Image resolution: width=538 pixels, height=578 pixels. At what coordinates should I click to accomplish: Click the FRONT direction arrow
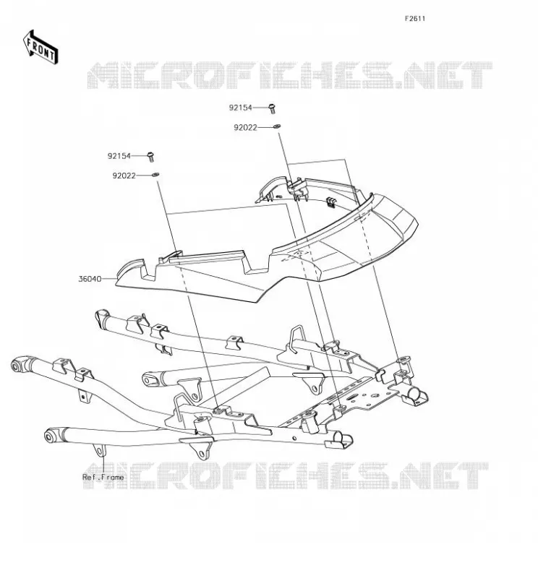tap(40, 48)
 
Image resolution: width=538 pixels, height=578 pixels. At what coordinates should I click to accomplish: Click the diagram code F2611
tap(415, 19)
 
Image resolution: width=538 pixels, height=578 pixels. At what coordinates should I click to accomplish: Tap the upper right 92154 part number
tap(240, 108)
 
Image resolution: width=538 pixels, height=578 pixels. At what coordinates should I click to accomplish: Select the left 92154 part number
tap(119, 156)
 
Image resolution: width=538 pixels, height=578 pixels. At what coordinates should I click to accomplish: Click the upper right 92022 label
tap(245, 128)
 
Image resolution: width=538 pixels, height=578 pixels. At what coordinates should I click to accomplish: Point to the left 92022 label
tap(124, 176)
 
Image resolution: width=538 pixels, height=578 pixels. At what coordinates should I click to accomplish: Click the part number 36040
tap(90, 279)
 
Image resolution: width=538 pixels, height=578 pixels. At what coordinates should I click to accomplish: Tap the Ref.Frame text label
tap(103, 477)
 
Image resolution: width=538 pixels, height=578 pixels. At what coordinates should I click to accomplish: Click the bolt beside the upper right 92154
tap(273, 108)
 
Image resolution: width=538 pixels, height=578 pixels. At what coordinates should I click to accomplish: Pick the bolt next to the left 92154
tap(150, 157)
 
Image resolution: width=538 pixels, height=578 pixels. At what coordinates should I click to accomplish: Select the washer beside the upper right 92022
tap(277, 126)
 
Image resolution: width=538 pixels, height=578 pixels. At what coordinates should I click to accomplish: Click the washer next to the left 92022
tap(155, 174)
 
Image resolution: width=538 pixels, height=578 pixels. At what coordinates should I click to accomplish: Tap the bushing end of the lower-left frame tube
tap(49, 436)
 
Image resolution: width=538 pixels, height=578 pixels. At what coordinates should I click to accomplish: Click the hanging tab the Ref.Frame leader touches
tap(99, 450)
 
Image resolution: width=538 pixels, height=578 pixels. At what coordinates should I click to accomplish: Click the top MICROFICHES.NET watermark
tap(290, 75)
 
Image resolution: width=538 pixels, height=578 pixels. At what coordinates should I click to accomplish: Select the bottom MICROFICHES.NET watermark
tap(286, 475)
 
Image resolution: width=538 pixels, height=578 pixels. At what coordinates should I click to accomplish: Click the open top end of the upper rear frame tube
tap(102, 317)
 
